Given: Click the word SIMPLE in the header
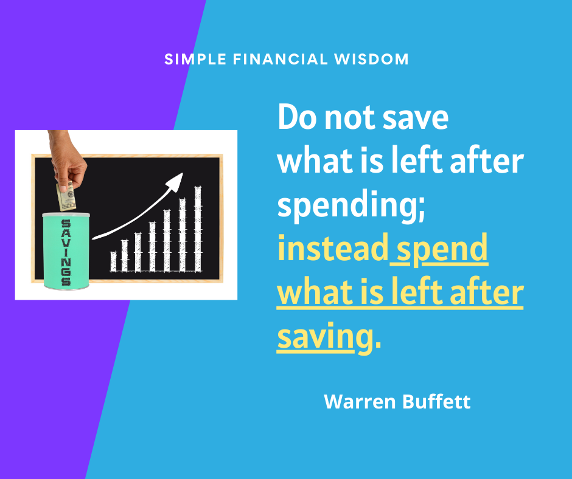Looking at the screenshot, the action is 195,59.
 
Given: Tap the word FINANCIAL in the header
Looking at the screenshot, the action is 281,59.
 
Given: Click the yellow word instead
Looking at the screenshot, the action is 333,247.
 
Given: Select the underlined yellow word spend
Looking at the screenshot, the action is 442,249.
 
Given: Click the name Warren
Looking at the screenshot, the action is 360,401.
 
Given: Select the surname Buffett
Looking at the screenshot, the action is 437,401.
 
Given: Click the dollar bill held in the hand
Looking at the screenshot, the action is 66,196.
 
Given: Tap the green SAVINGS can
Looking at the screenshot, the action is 66,251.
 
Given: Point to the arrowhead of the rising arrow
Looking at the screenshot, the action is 175,182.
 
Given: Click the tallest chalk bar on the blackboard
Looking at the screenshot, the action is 198,229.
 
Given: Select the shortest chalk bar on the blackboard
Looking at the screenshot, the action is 113,261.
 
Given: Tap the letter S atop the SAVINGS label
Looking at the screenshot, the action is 66,224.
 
